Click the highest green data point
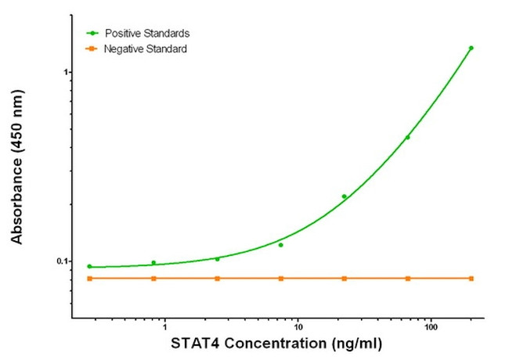pyautogui.click(x=471, y=48)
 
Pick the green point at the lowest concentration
pyautogui.click(x=89, y=266)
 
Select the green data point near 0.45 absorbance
pyautogui.click(x=407, y=138)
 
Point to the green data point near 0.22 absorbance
pyautogui.click(x=344, y=196)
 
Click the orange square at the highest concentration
pyautogui.click(x=471, y=279)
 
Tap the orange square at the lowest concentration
pyautogui.click(x=89, y=279)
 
